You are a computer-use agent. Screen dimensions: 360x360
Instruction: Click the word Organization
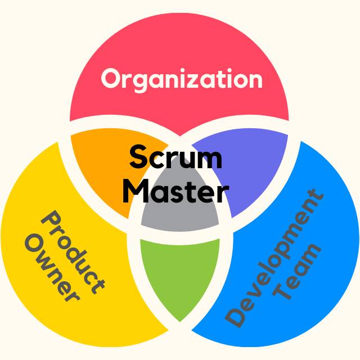tap(181, 79)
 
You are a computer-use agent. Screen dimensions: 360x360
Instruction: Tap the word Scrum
tap(175, 158)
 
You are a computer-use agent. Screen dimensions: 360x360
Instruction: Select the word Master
tap(175, 191)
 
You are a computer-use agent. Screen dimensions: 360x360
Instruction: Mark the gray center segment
tap(179, 217)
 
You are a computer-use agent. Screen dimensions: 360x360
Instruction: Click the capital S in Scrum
tap(138, 157)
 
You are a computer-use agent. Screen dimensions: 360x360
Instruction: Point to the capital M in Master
tap(135, 191)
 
